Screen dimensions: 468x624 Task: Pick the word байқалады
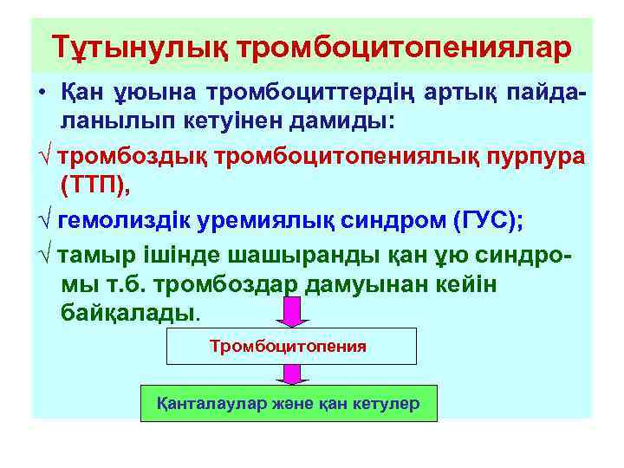click(x=129, y=311)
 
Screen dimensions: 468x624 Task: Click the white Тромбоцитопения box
click(x=289, y=346)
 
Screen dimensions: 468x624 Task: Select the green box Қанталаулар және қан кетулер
click(x=289, y=403)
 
